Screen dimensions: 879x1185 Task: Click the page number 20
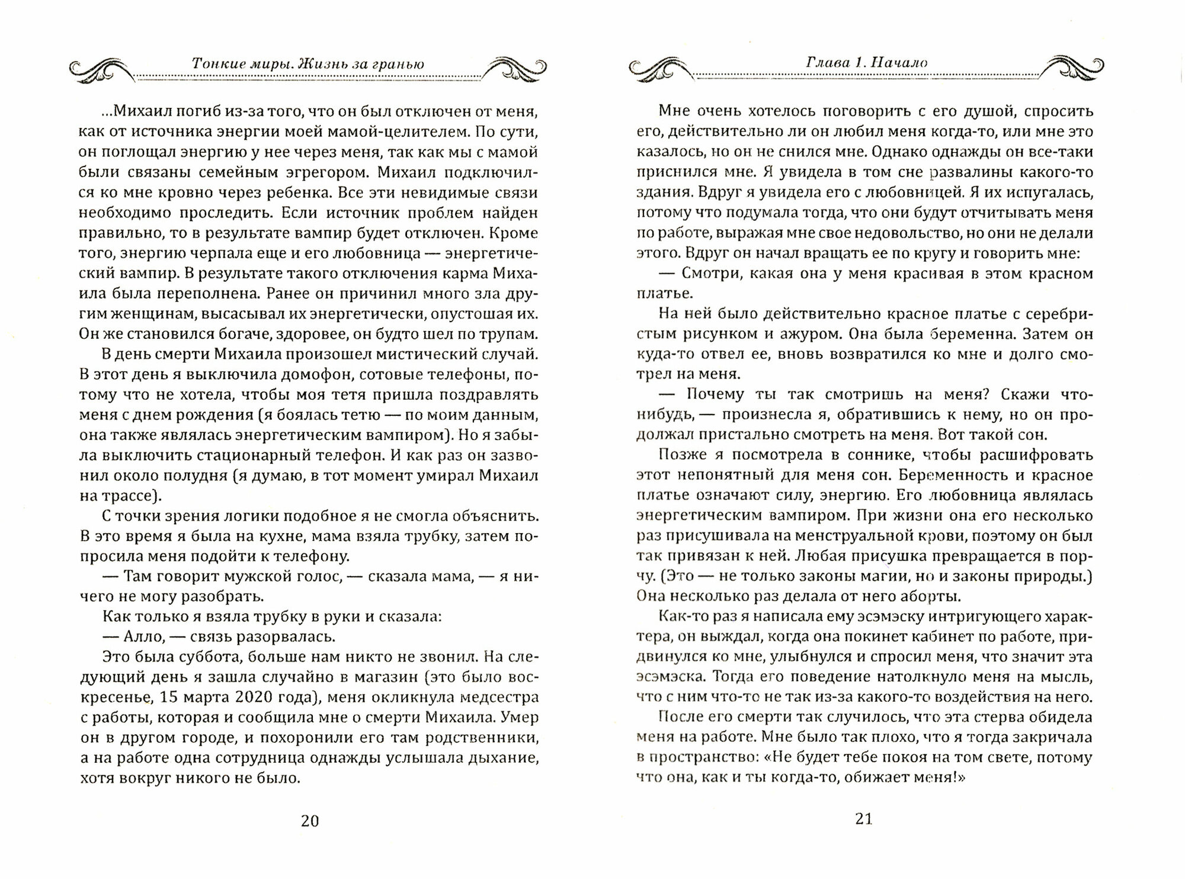pos(310,820)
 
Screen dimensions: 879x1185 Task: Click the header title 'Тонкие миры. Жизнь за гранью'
pos(308,64)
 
